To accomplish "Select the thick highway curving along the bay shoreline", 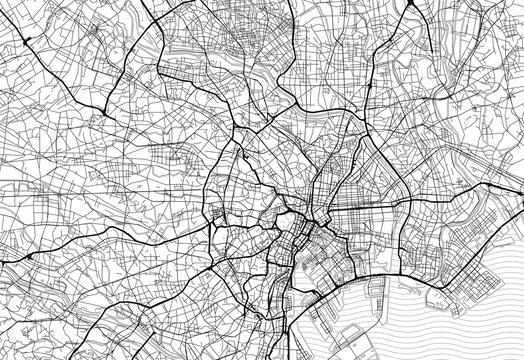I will coord(400,270).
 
